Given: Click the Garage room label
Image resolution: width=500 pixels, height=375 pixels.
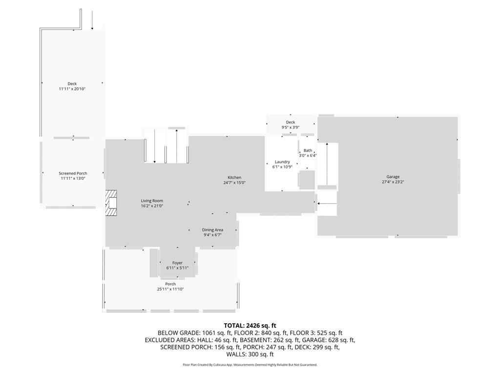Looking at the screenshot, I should pyautogui.click(x=393, y=177).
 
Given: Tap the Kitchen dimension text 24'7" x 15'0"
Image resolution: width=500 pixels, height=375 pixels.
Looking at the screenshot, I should pyautogui.click(x=234, y=183).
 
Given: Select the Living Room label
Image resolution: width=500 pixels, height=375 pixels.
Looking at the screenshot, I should pyautogui.click(x=152, y=201).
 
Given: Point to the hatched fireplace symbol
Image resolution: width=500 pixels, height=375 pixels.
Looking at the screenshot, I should pyautogui.click(x=112, y=203).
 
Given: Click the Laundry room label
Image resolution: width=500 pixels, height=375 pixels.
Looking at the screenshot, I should pyautogui.click(x=282, y=162).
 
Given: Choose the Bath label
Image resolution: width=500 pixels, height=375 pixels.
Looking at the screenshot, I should pyautogui.click(x=308, y=150).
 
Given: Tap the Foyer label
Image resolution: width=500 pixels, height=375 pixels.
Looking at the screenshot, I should pyautogui.click(x=177, y=263).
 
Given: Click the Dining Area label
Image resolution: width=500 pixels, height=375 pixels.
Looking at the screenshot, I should pyautogui.click(x=212, y=229).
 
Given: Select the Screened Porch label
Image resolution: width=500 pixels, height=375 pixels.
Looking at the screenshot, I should pyautogui.click(x=73, y=173).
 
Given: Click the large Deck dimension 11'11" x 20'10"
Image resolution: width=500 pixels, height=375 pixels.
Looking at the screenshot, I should pyautogui.click(x=72, y=89).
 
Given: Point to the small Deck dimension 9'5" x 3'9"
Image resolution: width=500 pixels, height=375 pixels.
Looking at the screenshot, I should pyautogui.click(x=290, y=127).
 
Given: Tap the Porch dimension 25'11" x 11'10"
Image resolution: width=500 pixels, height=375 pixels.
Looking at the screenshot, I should pyautogui.click(x=170, y=289).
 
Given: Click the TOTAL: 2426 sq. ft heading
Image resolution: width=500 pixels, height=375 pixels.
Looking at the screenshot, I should pyautogui.click(x=250, y=325).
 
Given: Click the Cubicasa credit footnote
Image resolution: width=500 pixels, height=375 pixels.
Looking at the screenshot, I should pyautogui.click(x=250, y=365).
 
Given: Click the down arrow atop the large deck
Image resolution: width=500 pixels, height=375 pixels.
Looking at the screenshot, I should pyautogui.click(x=92, y=20).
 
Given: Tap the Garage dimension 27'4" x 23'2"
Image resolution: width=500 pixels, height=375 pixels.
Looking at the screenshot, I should pyautogui.click(x=393, y=182).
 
